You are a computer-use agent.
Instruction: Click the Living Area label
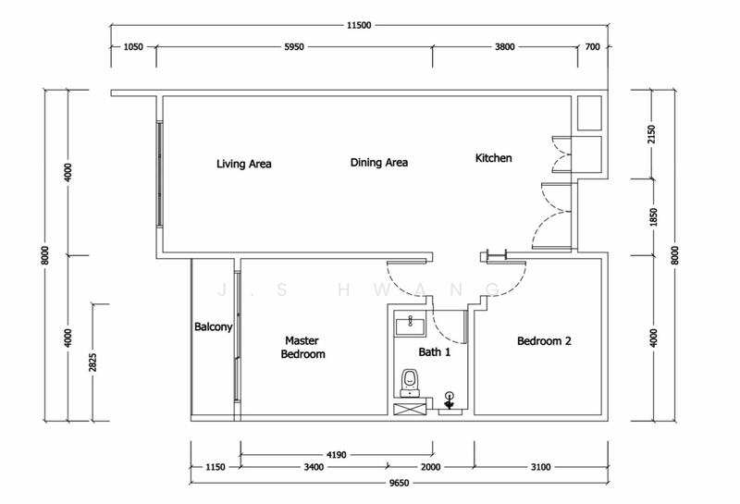point(243,164)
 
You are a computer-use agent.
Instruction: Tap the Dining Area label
point(379,163)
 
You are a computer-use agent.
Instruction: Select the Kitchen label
point(493,157)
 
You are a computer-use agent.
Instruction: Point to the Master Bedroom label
point(302,347)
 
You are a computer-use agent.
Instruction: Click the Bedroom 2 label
point(544,340)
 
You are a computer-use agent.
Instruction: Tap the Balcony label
point(214,326)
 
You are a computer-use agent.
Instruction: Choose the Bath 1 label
point(434,351)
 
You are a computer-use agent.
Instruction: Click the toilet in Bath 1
point(410,383)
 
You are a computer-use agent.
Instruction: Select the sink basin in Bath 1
point(410,325)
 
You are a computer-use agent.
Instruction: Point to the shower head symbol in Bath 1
point(450,400)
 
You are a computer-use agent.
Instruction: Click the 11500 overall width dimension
point(359,26)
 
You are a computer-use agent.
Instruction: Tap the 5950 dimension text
point(293,47)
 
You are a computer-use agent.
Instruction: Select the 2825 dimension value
point(93,363)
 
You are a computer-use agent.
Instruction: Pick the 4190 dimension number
point(336,455)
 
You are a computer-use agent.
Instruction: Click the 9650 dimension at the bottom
point(399,483)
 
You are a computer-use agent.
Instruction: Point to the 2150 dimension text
point(652,134)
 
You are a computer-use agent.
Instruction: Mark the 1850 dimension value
point(653,217)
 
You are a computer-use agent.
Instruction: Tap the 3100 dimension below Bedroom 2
point(540,467)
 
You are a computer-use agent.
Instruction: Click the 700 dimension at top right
point(592,47)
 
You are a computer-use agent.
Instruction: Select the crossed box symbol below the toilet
point(410,409)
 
